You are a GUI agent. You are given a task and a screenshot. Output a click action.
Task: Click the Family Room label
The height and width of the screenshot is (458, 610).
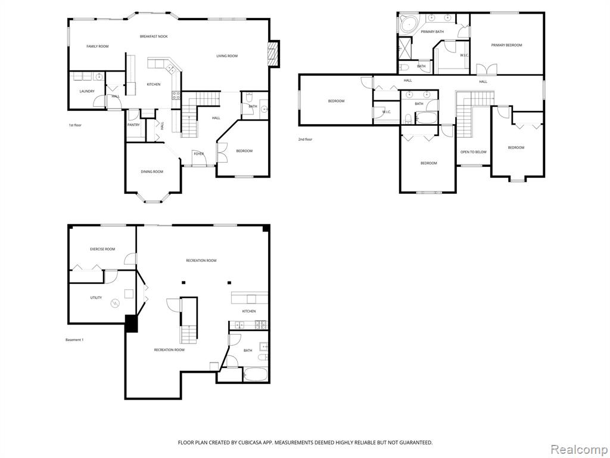(97, 47)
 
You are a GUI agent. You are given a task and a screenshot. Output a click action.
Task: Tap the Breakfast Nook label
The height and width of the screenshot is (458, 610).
(154, 36)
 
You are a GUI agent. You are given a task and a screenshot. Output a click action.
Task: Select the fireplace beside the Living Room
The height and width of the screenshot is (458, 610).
(274, 53)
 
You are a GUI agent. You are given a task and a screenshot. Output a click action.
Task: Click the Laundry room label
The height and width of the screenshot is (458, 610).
(87, 91)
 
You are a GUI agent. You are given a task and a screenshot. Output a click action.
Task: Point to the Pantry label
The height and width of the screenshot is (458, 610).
(133, 125)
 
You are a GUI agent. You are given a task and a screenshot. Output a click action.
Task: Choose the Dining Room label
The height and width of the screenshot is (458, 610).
(152, 172)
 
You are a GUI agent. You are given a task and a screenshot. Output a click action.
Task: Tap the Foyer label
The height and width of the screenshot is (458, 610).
(199, 154)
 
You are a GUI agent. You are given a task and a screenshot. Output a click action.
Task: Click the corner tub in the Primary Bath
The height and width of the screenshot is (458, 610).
(409, 24)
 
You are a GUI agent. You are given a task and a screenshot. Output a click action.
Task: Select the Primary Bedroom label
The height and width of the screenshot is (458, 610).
(506, 45)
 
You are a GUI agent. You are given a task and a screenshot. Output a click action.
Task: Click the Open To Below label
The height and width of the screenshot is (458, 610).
(474, 152)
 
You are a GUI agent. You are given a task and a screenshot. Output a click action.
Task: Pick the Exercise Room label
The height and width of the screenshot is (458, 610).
(102, 249)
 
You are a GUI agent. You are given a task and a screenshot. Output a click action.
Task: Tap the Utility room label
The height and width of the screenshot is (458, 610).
(96, 298)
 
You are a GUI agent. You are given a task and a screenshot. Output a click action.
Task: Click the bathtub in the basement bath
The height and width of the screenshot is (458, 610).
(255, 375)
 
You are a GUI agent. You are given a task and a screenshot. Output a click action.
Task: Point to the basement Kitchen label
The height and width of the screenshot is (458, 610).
(249, 311)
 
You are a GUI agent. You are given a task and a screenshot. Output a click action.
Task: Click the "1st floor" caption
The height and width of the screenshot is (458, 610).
(75, 125)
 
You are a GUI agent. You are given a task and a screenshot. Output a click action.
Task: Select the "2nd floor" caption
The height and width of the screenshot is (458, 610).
(306, 140)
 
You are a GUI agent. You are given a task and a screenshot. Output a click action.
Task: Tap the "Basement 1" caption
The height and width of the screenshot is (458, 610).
(74, 340)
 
